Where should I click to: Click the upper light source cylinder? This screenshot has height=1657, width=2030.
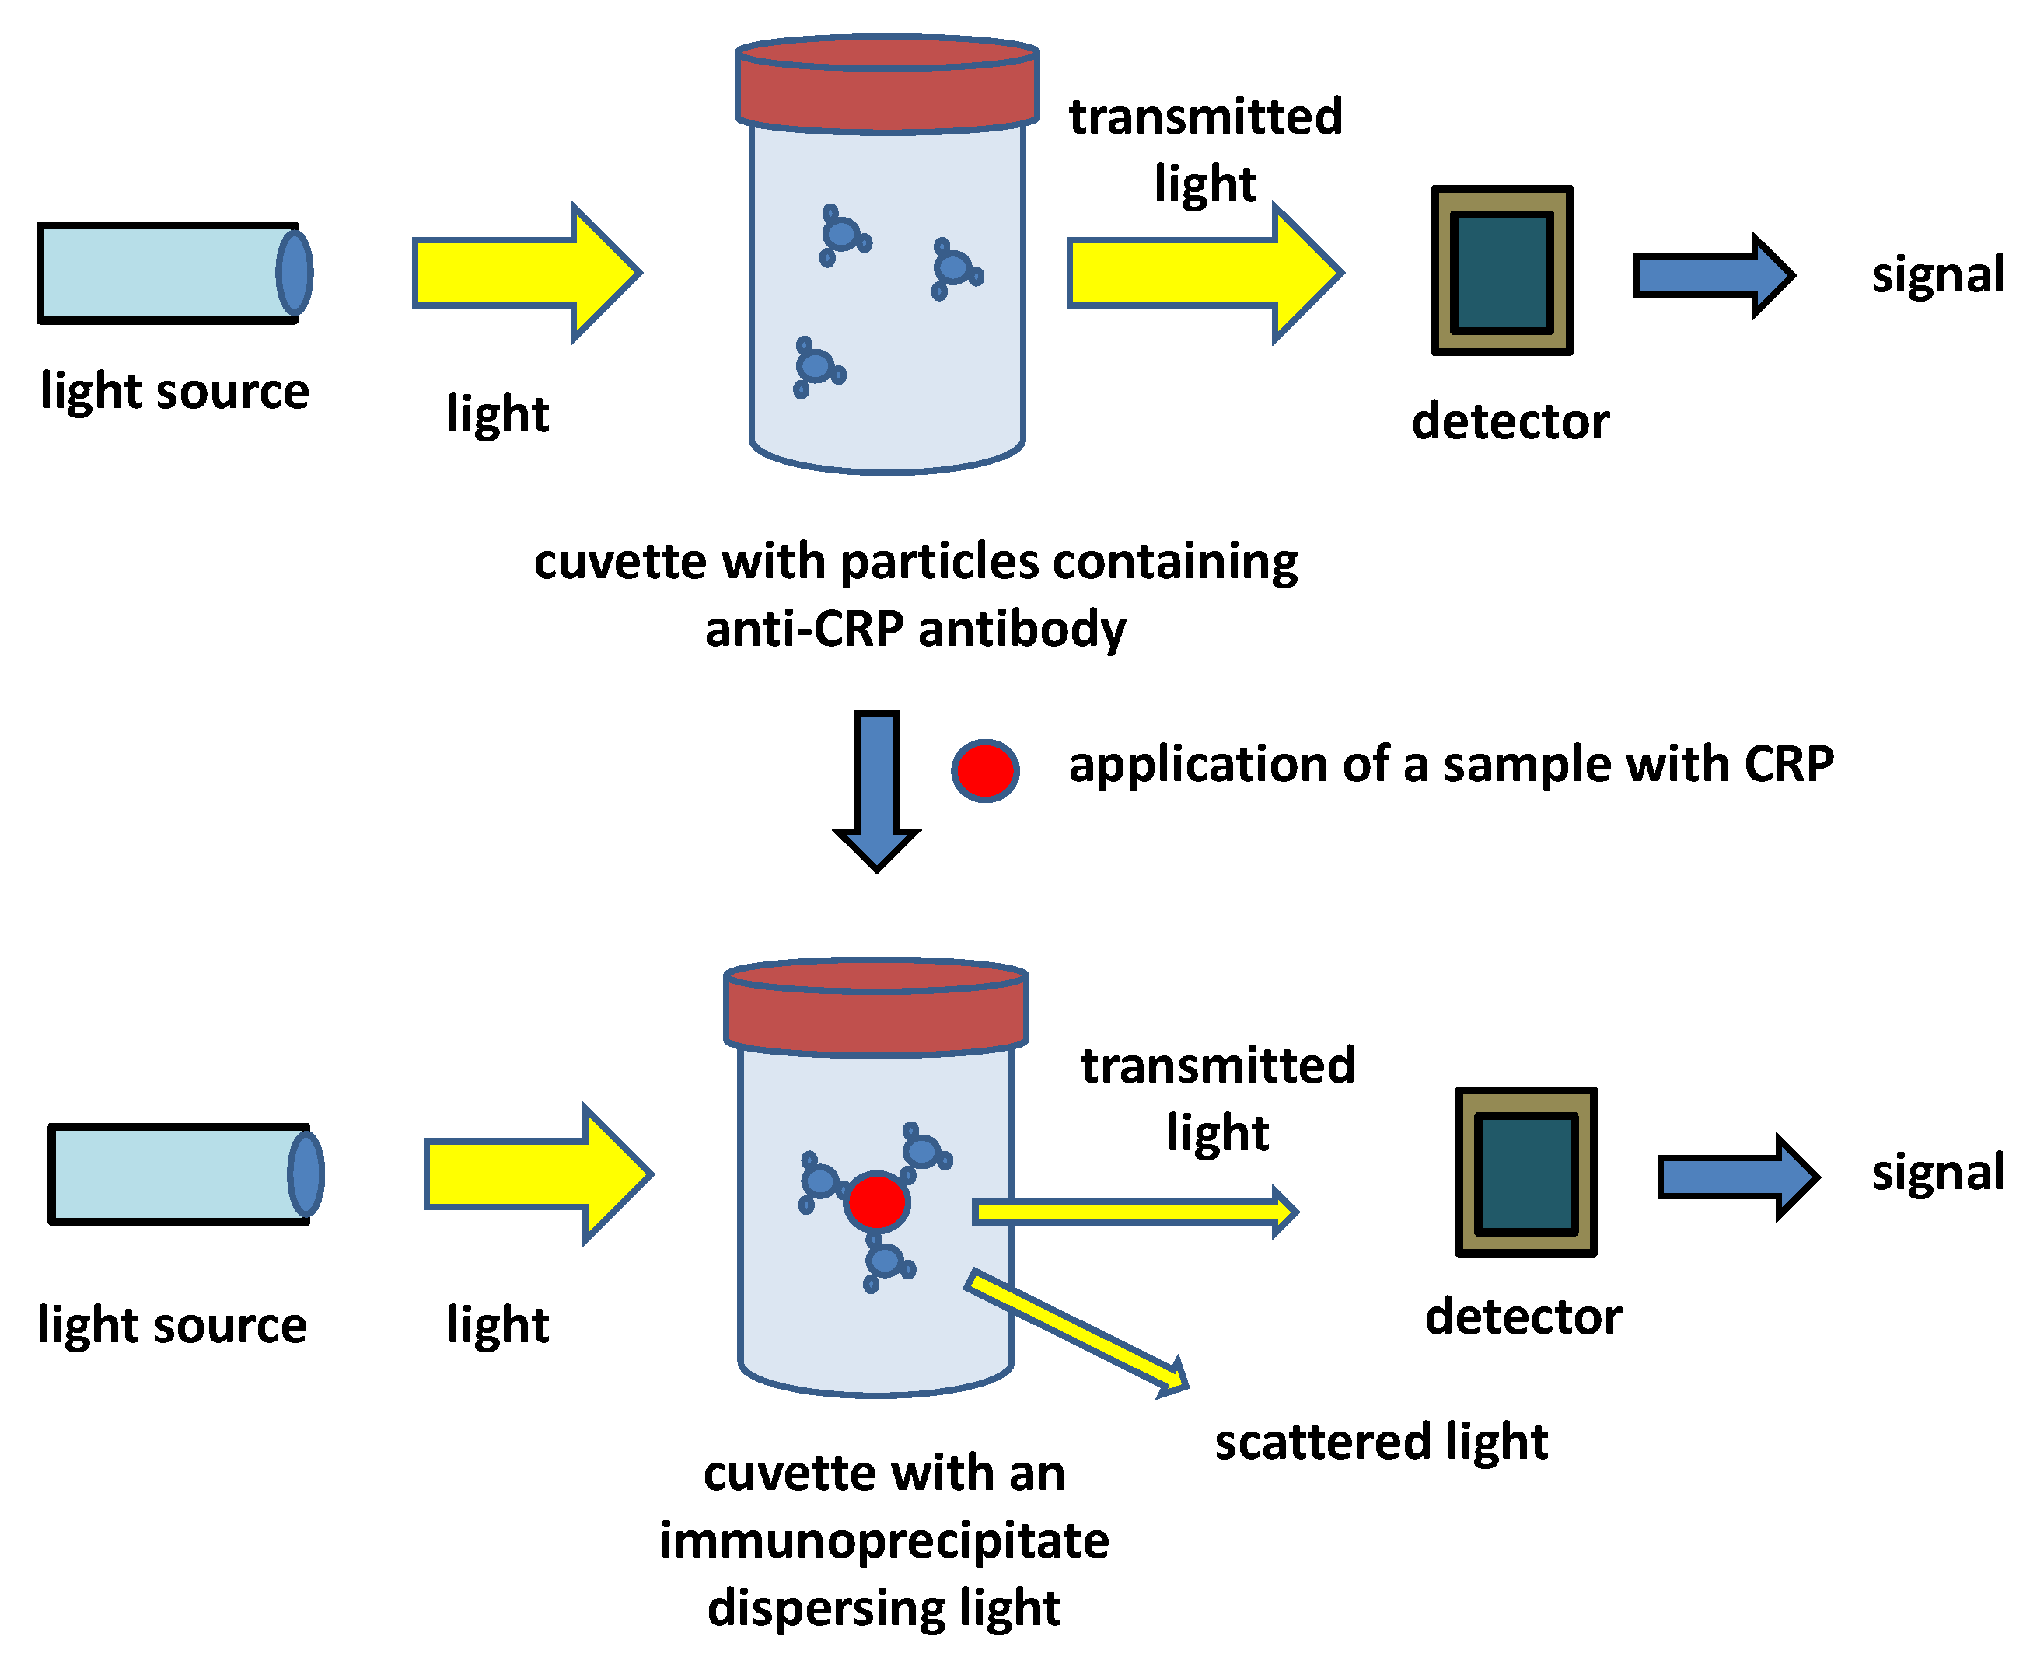(x=167, y=273)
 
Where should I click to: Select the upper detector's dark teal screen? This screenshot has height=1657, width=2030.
(x=1501, y=272)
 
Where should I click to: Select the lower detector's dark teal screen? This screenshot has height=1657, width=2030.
(x=1526, y=1173)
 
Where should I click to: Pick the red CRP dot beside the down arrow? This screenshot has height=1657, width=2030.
(x=985, y=770)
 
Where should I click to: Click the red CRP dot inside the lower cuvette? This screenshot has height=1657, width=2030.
(x=876, y=1202)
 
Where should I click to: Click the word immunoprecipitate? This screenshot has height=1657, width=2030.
(x=884, y=1540)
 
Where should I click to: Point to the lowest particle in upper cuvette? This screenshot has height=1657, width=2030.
(x=817, y=368)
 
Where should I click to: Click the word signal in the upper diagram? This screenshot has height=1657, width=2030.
(x=1937, y=275)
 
